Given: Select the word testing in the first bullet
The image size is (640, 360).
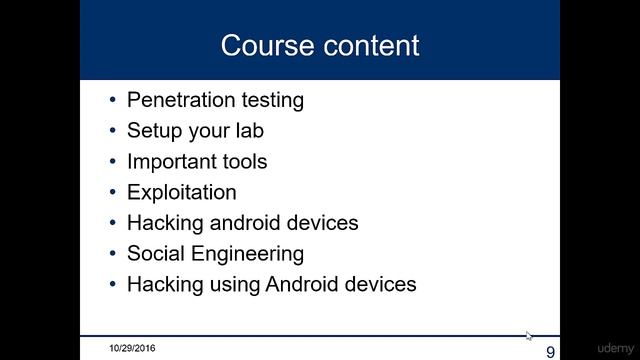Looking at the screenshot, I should pyautogui.click(x=268, y=100).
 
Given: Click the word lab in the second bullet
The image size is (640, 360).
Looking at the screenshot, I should pyautogui.click(x=249, y=131).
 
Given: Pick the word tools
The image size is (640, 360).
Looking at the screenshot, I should pyautogui.click(x=243, y=161).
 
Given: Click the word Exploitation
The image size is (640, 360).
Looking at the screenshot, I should pyautogui.click(x=182, y=192).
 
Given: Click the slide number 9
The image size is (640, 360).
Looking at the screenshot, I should pyautogui.click(x=550, y=351).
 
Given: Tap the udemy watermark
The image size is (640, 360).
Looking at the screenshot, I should pyautogui.click(x=615, y=348).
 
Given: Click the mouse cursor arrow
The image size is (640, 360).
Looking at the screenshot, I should pyautogui.click(x=529, y=336).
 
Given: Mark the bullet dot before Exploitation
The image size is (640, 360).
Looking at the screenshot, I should pyautogui.click(x=113, y=192).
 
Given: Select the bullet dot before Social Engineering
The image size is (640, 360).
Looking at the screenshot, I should pyautogui.click(x=113, y=254).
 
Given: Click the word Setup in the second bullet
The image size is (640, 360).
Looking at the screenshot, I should pyautogui.click(x=153, y=131).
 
